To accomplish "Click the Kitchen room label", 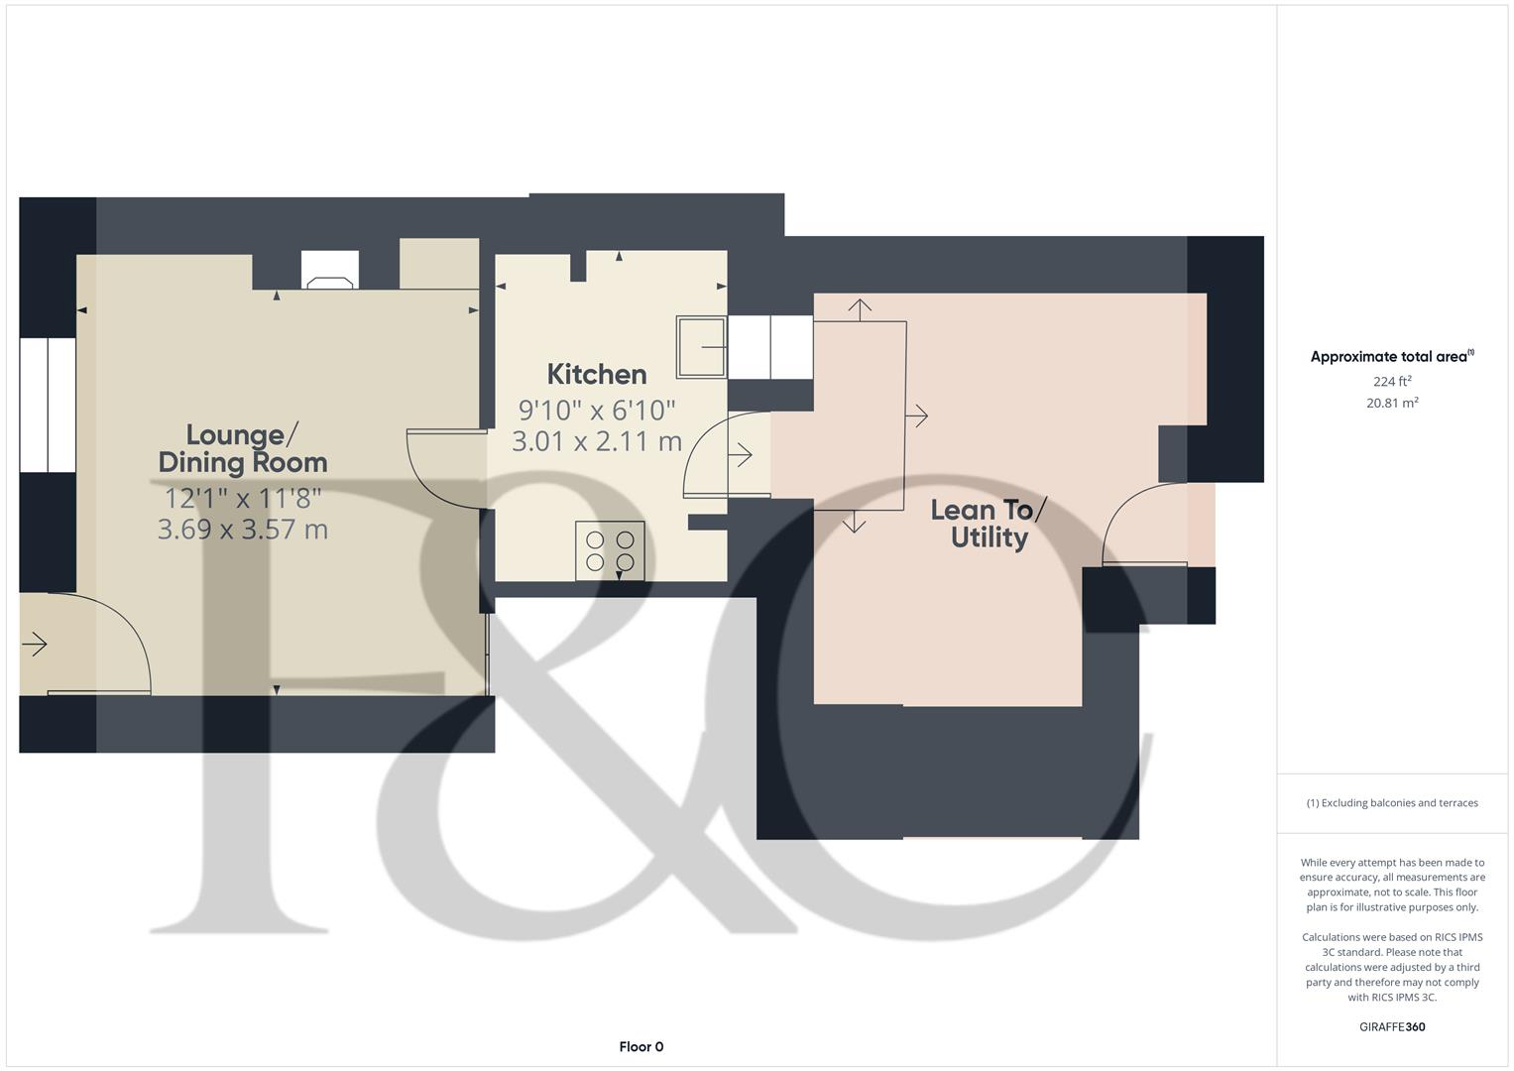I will click(597, 374).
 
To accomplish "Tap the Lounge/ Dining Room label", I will click(243, 448).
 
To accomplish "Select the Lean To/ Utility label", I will click(989, 524).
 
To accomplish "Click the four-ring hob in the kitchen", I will click(610, 551).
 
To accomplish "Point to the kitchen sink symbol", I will click(701, 347).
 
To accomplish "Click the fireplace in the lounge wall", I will click(330, 270).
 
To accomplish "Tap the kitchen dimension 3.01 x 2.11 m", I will click(597, 441).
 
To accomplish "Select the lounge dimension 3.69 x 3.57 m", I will click(243, 529).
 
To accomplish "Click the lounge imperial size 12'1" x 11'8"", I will click(243, 498).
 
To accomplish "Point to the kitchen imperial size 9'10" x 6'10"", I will click(597, 409).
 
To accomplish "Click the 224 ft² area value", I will click(1392, 381).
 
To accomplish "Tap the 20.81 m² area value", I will click(1392, 403).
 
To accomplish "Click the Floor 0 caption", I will click(641, 1046).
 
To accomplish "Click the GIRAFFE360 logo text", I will click(1392, 1026).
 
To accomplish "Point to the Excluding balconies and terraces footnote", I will click(1392, 803).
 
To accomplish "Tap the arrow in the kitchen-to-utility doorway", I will click(741, 455).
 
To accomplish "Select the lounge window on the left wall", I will click(48, 405).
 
